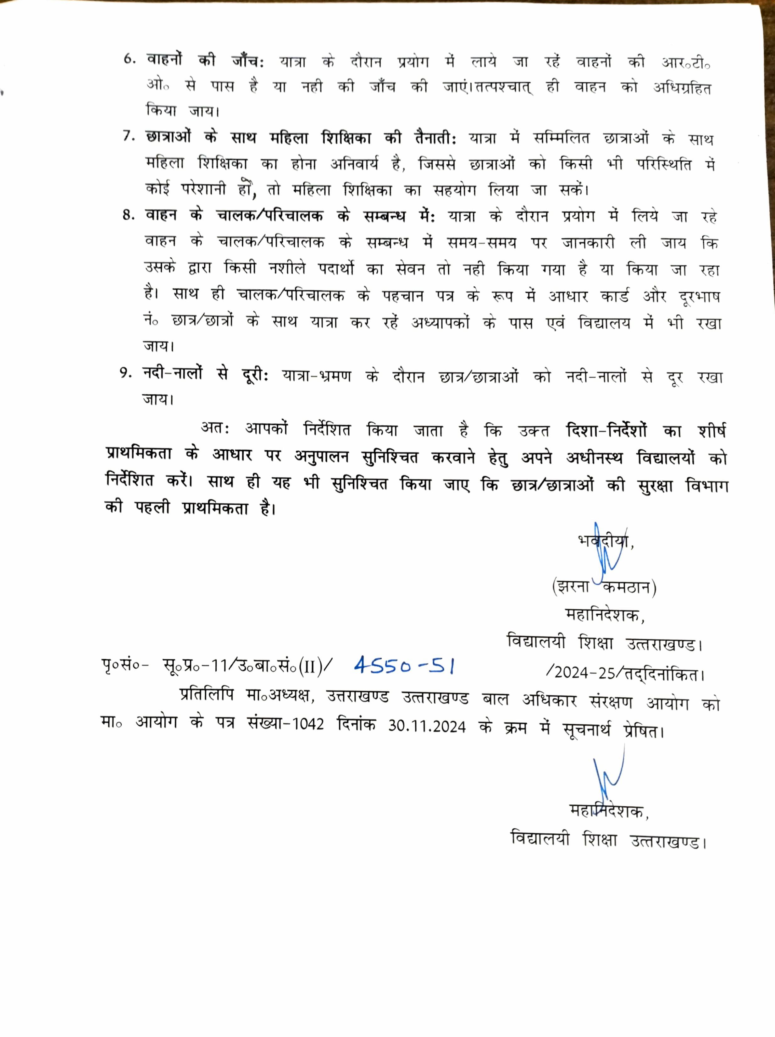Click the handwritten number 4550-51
(x=404, y=665)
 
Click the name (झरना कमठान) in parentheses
(x=604, y=587)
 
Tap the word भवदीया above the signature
(x=605, y=541)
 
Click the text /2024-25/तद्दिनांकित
(x=625, y=674)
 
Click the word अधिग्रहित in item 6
(x=682, y=88)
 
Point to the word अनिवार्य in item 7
(x=354, y=164)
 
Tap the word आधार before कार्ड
(x=568, y=297)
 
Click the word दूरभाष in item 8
(x=699, y=297)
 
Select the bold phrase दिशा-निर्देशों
(x=606, y=430)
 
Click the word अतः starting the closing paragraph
(x=215, y=428)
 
